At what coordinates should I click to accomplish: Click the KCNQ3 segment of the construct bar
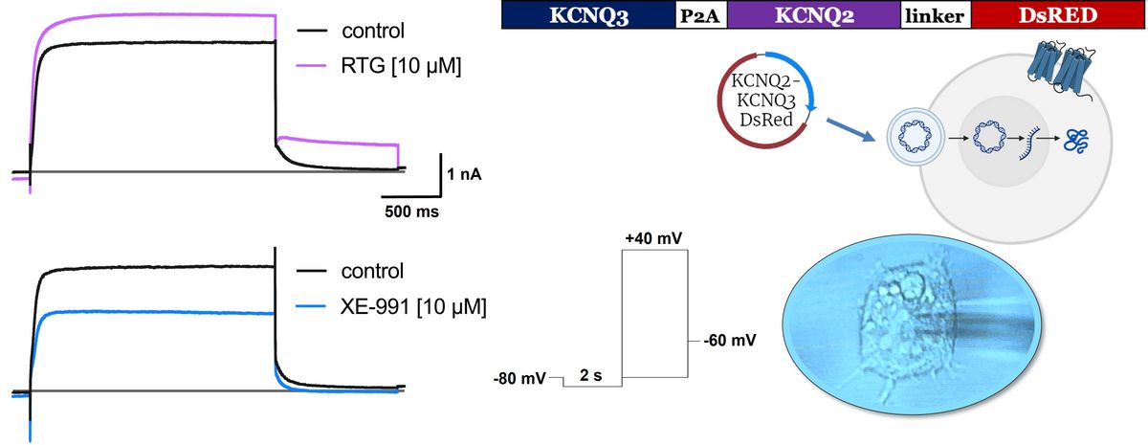point(588,15)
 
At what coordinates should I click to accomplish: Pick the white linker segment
point(936,15)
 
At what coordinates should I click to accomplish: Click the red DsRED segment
point(1058,15)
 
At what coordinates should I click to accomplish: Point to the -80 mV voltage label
point(519,380)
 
